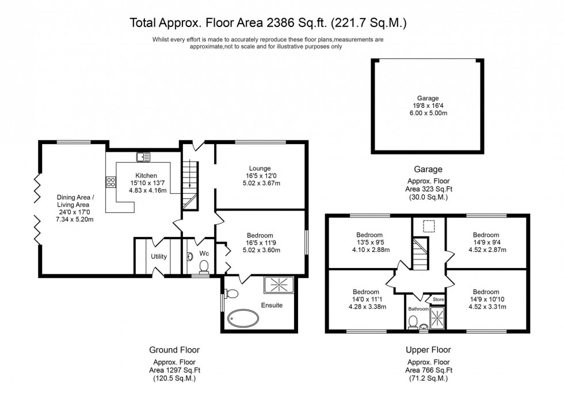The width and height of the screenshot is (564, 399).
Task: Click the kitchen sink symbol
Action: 143,156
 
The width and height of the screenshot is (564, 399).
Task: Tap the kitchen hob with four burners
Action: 110,182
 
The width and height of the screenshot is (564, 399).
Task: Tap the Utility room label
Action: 159,257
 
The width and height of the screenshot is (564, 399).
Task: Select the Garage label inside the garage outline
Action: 428,98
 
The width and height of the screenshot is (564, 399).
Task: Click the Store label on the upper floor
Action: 439,299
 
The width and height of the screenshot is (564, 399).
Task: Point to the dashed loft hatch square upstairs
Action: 428,225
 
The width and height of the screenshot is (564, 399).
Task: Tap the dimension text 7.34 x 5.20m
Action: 75,219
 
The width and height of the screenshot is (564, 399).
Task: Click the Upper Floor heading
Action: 428,349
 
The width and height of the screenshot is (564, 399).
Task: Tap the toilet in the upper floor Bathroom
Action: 413,323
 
